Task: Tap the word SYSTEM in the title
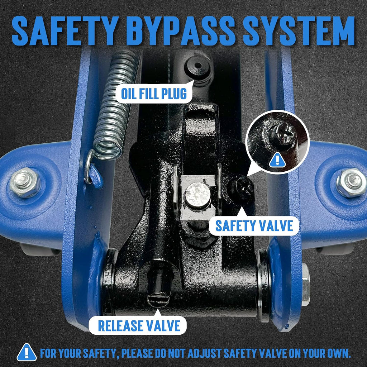[x=299, y=31]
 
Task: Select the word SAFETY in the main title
[x=64, y=31]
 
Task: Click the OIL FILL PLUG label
[x=154, y=94]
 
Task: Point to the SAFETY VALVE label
[x=254, y=226]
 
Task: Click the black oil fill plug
[x=198, y=67]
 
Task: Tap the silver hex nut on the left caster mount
[x=25, y=182]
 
